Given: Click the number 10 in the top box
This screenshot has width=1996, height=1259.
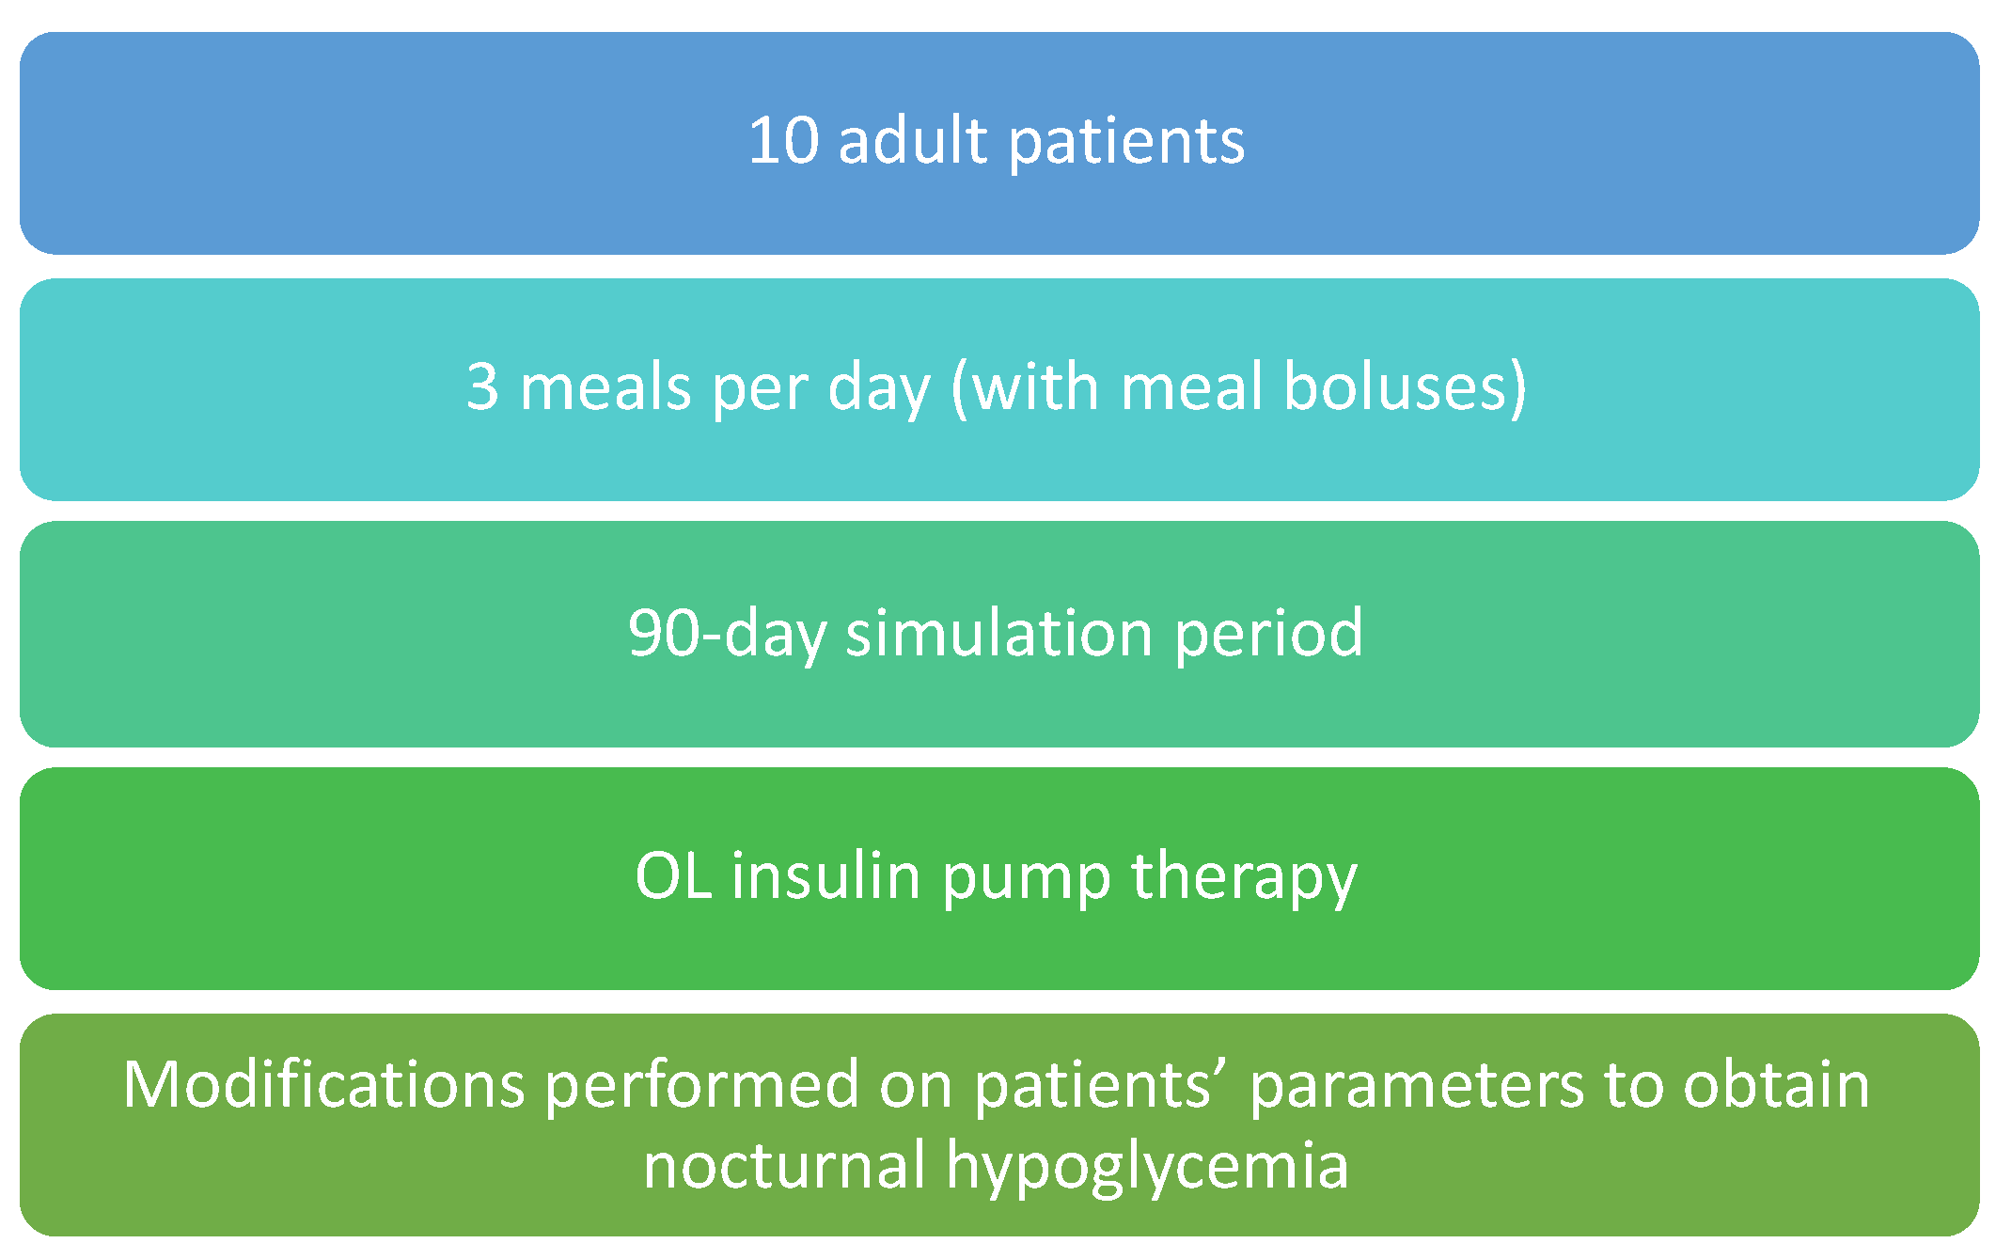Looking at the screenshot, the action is pyautogui.click(x=783, y=142).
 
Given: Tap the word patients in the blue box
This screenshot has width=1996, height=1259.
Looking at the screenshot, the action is pyautogui.click(x=1127, y=144).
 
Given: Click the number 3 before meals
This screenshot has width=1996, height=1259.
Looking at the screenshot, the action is pyautogui.click(x=482, y=386).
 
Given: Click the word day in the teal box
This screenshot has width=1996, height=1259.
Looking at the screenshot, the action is pyautogui.click(x=878, y=390).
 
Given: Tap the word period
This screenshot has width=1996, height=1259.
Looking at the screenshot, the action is pyautogui.click(x=1268, y=636).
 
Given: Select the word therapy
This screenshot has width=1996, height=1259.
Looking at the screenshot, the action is pyautogui.click(x=1244, y=879).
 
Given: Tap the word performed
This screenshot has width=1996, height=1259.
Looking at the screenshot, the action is pyautogui.click(x=702, y=1088).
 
